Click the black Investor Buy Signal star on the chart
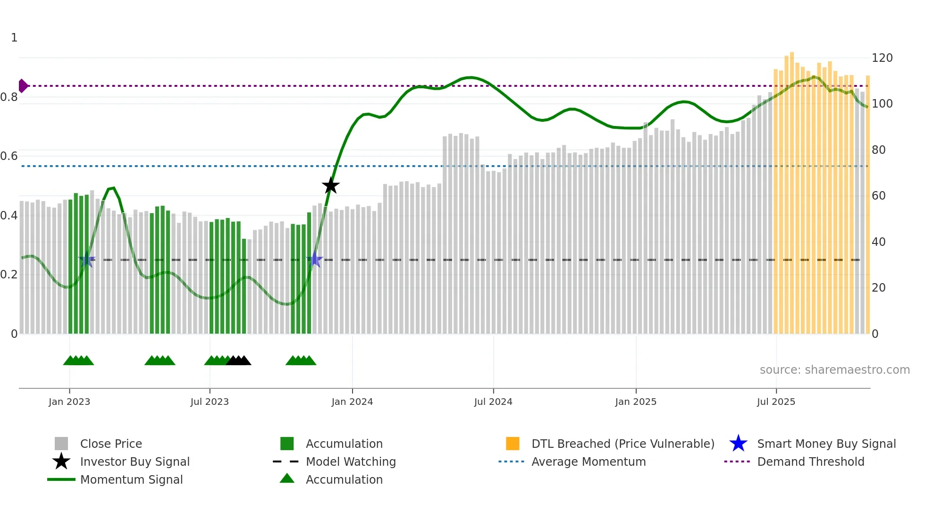[331, 185]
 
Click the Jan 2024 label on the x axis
[352, 402]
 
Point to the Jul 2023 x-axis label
[210, 402]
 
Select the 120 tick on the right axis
[882, 58]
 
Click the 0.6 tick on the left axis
[9, 156]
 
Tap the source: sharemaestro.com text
[834, 370]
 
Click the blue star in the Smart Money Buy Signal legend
[738, 444]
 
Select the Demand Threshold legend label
[810, 461]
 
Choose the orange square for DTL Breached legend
[513, 444]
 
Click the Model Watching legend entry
[351, 461]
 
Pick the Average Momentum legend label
[589, 461]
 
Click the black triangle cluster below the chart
[238, 361]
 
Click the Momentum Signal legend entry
[131, 479]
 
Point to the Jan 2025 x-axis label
[636, 402]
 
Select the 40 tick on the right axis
[878, 242]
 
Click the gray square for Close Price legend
[61, 444]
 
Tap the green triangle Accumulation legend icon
[287, 478]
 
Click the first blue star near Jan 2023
[87, 260]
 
